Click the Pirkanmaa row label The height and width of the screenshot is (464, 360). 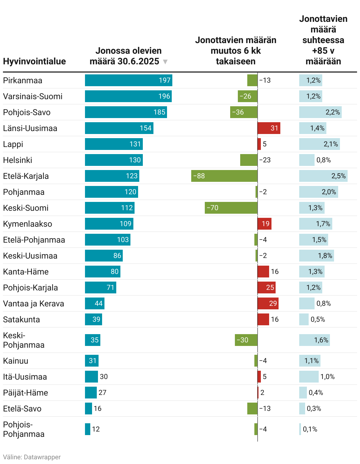[x=23, y=81]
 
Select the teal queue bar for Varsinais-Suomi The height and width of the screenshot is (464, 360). [x=128, y=96]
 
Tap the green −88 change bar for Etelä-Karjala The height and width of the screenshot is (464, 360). [x=224, y=176]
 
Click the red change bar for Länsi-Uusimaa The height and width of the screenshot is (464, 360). [x=269, y=128]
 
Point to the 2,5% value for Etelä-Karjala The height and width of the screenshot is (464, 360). [x=338, y=176]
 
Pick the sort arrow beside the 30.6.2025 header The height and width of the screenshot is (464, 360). [x=165, y=62]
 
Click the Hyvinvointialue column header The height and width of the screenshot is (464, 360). [x=35, y=61]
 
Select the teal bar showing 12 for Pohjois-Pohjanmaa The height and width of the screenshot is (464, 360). [x=88, y=429]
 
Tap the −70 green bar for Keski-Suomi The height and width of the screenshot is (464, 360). [x=231, y=208]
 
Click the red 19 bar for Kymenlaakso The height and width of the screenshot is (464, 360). [x=264, y=224]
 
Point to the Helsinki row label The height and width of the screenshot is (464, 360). [x=18, y=160]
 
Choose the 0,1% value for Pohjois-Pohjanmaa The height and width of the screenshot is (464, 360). [x=310, y=429]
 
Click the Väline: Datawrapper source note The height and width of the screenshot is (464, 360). [x=32, y=457]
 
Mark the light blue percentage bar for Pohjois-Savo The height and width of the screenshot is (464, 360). [x=320, y=112]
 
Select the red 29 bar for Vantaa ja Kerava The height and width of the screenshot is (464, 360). [x=268, y=303]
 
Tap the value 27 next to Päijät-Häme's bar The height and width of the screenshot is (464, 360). [x=102, y=393]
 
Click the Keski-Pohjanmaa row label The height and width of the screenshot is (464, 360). [x=24, y=340]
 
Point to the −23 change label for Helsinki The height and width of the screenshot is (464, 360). [x=265, y=160]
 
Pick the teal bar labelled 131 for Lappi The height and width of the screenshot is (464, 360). [x=114, y=144]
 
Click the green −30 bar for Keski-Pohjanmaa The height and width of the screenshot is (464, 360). [x=246, y=340]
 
